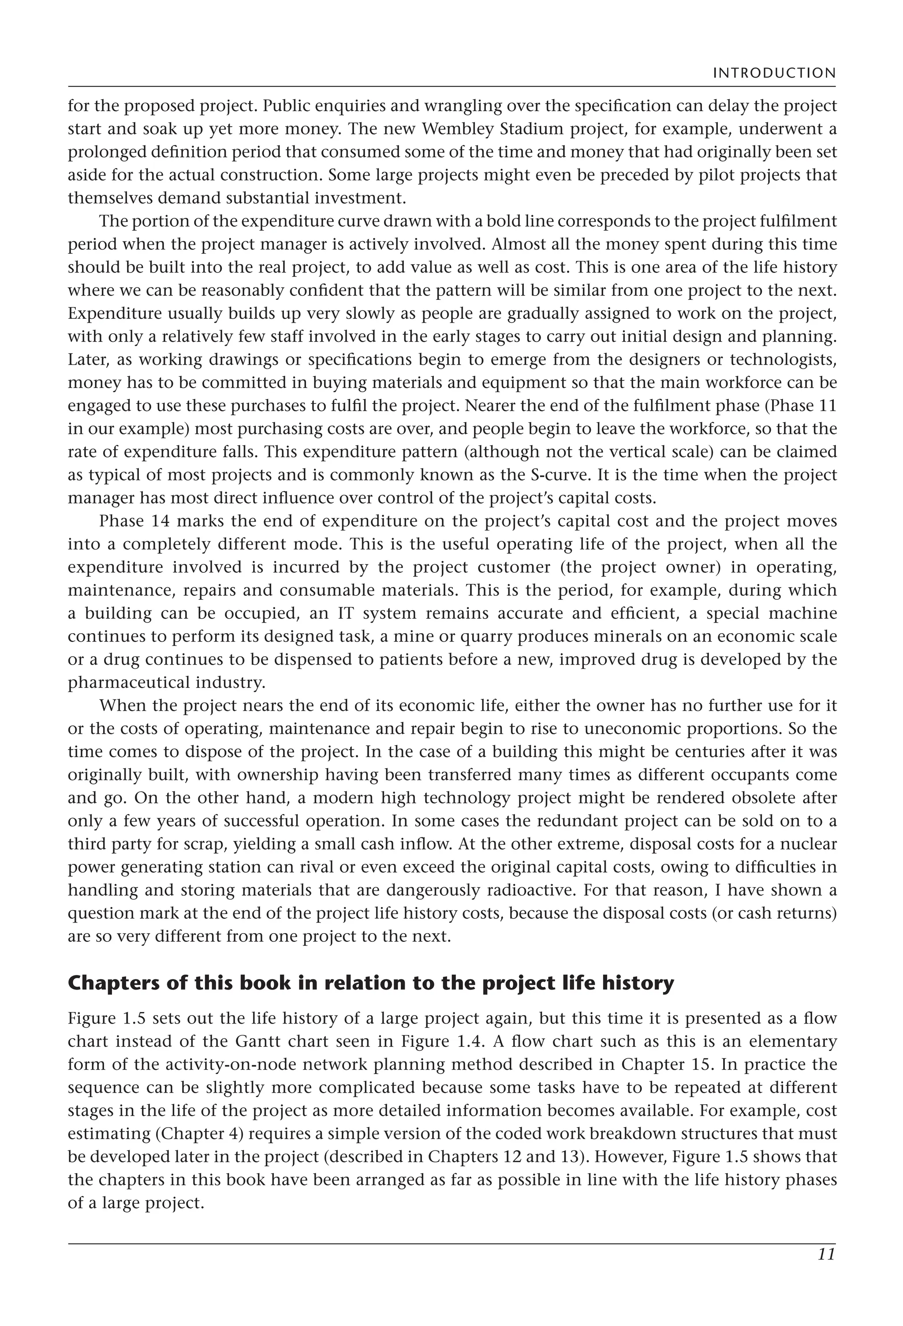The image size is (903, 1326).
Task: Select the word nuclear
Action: point(810,844)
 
